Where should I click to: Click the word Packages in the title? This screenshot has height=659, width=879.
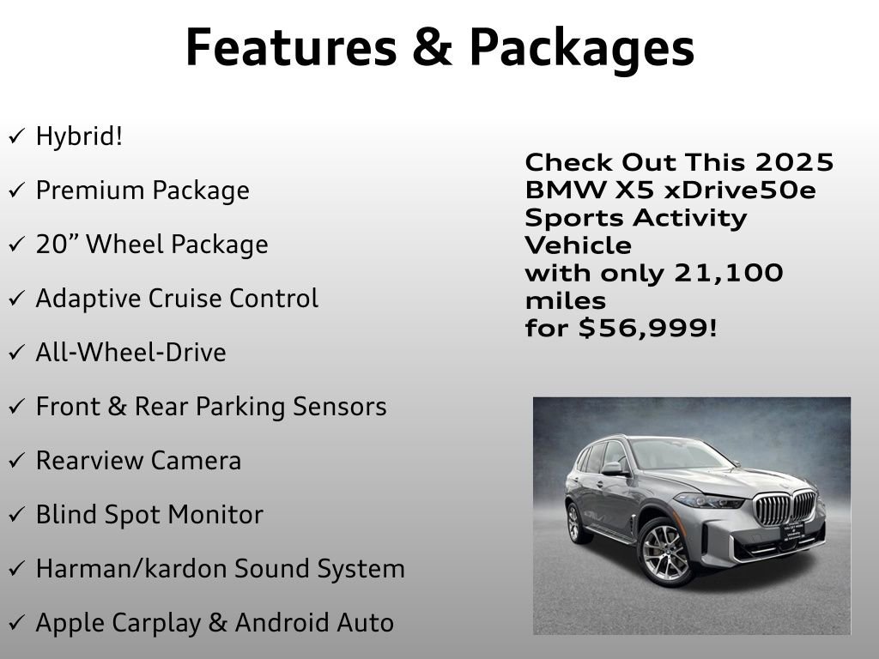tap(581, 49)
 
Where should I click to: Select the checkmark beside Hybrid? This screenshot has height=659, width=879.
tap(16, 136)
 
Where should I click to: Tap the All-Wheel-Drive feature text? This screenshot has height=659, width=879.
tap(130, 353)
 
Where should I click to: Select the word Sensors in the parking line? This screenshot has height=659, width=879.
tap(338, 407)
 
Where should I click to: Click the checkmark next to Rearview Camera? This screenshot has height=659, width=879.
tap(16, 462)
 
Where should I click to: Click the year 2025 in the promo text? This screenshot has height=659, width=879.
tap(795, 162)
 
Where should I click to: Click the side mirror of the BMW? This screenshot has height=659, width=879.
tap(613, 468)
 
